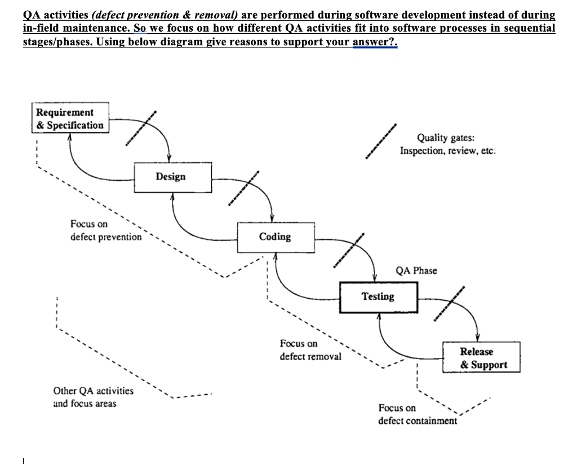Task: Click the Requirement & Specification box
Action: [70, 119]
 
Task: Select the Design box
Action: [171, 177]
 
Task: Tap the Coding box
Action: [275, 237]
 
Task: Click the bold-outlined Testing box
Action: [378, 297]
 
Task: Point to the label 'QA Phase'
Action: [416, 270]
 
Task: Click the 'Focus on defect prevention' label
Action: [106, 231]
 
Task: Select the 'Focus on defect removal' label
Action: [310, 350]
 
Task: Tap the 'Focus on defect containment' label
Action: [417, 414]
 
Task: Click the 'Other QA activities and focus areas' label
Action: [93, 397]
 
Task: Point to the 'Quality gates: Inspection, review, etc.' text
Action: [448, 145]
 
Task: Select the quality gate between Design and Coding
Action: [243, 189]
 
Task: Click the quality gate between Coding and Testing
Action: [348, 249]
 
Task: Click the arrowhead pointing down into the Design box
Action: [170, 157]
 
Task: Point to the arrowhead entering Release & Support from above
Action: [478, 338]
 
